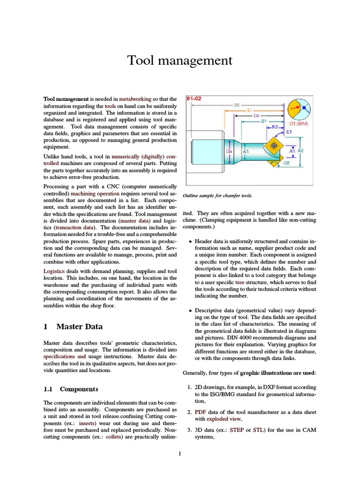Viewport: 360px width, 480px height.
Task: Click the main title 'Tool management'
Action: click(180, 61)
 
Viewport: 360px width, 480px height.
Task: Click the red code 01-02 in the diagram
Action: click(194, 99)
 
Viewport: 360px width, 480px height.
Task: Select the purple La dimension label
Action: click(256, 114)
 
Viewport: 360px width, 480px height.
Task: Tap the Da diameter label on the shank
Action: click(229, 151)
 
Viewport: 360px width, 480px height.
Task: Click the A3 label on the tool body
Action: click(245, 152)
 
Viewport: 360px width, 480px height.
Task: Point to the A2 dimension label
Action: click(300, 150)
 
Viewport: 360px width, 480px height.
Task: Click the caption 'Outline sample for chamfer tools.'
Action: click(220, 195)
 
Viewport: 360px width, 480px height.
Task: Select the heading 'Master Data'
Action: click(79, 327)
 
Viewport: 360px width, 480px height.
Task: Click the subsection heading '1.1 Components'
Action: click(71, 389)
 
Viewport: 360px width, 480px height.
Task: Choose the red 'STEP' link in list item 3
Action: click(237, 429)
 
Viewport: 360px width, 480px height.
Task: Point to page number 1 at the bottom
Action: click(180, 454)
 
